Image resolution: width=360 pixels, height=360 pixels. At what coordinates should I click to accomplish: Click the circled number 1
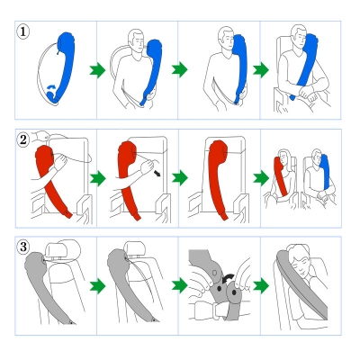(23, 31)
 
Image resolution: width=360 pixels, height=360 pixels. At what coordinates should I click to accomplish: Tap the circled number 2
(23, 139)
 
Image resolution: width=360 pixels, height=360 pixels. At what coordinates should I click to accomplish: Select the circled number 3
(23, 247)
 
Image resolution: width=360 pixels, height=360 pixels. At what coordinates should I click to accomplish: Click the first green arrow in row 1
(97, 70)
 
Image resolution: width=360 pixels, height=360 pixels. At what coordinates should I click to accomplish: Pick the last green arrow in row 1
(261, 70)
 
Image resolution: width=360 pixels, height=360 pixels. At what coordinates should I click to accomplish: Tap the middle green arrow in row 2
(180, 178)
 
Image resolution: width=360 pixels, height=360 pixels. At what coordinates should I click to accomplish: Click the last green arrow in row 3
(261, 286)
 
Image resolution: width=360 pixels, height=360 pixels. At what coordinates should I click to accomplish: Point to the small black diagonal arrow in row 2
(157, 173)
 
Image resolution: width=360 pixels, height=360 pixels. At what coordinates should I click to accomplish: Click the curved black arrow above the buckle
(229, 278)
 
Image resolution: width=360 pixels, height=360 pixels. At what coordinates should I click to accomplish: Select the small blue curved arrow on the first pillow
(52, 87)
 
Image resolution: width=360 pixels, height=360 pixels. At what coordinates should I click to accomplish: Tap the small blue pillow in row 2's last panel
(325, 172)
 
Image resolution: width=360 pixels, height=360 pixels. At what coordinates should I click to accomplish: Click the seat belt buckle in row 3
(210, 310)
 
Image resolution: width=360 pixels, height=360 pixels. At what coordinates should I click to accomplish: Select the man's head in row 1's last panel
(299, 37)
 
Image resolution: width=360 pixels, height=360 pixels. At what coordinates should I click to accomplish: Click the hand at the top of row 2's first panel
(41, 136)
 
